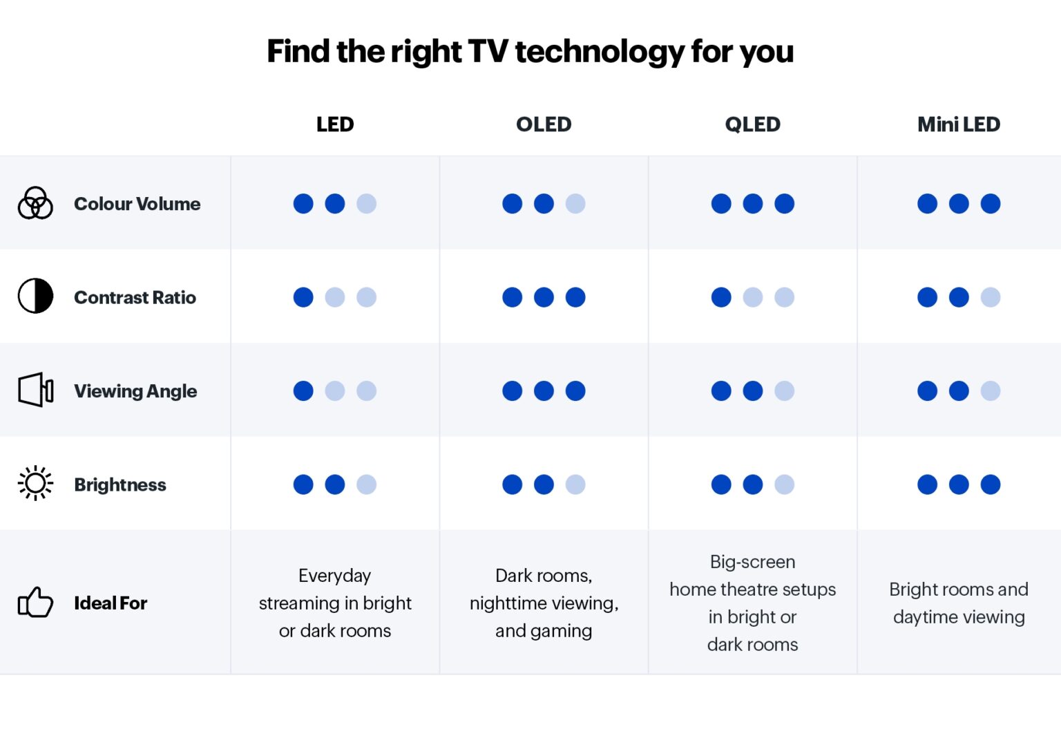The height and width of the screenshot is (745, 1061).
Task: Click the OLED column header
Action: pyautogui.click(x=544, y=124)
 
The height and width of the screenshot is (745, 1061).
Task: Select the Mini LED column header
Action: pyautogui.click(x=958, y=124)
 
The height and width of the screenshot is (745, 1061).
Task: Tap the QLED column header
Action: pyautogui.click(x=752, y=124)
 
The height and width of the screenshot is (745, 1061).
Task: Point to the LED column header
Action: pyautogui.click(x=335, y=124)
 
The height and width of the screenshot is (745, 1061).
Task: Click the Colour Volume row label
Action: pyautogui.click(x=137, y=204)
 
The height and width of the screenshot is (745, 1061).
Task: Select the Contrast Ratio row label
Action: pyautogui.click(x=135, y=298)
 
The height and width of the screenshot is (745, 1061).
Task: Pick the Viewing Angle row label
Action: pyautogui.click(x=135, y=391)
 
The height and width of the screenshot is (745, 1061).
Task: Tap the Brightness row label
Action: pyautogui.click(x=120, y=485)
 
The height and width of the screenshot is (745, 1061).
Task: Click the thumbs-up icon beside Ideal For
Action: pyautogui.click(x=35, y=603)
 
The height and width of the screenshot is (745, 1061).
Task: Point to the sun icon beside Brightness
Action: pyautogui.click(x=35, y=483)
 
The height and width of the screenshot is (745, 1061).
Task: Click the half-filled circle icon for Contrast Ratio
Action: pyautogui.click(x=35, y=296)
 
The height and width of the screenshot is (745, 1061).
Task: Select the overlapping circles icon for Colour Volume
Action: pyautogui.click(x=35, y=203)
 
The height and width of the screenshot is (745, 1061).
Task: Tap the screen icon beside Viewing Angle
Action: pyautogui.click(x=36, y=390)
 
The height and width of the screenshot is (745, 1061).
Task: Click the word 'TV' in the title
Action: pyautogui.click(x=488, y=52)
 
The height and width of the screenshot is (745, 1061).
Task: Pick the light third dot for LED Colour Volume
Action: pyautogui.click(x=366, y=204)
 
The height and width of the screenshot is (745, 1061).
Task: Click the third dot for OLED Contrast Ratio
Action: pyautogui.click(x=575, y=297)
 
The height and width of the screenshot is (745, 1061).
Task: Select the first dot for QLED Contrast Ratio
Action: pyautogui.click(x=721, y=297)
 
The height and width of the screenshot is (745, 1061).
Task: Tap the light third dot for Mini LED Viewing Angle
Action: pyautogui.click(x=990, y=391)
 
